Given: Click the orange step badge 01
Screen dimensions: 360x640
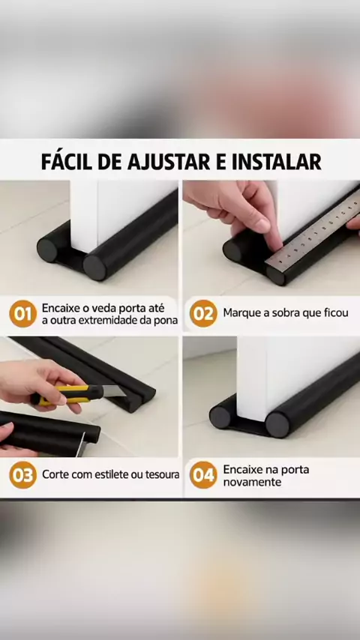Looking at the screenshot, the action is tap(23, 313).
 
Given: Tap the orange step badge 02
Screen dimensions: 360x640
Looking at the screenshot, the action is tap(203, 313).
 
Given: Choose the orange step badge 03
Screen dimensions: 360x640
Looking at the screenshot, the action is tap(23, 474).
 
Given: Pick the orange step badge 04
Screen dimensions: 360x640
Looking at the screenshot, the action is tap(203, 474).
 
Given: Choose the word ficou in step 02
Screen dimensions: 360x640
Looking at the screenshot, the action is tap(337, 313).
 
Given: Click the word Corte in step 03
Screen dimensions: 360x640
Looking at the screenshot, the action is tap(54, 474).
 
